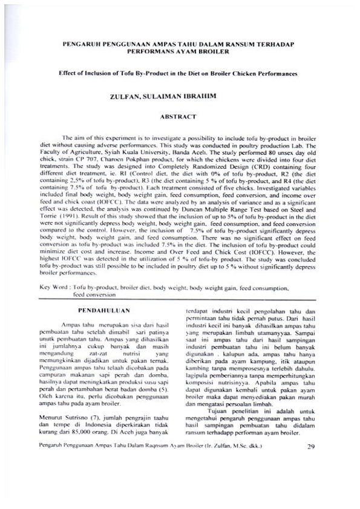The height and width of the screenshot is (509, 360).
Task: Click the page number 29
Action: (x=310, y=464)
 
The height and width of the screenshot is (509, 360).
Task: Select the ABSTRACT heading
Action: (x=179, y=115)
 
